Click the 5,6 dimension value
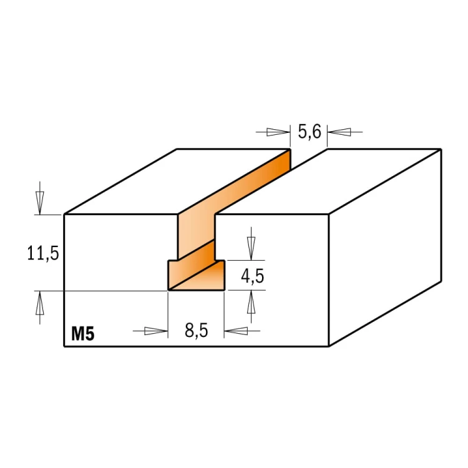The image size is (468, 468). click(310, 132)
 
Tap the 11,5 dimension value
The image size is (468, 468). click(43, 253)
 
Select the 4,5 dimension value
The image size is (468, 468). click(253, 276)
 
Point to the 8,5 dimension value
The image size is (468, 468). click(196, 331)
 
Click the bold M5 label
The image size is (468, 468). click(82, 334)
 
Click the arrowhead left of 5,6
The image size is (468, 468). click(278, 132)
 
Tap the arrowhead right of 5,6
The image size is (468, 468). click(339, 132)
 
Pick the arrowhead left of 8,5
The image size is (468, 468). click(156, 331)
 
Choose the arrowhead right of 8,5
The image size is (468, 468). click(236, 331)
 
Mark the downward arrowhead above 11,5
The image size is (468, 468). click(40, 203)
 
